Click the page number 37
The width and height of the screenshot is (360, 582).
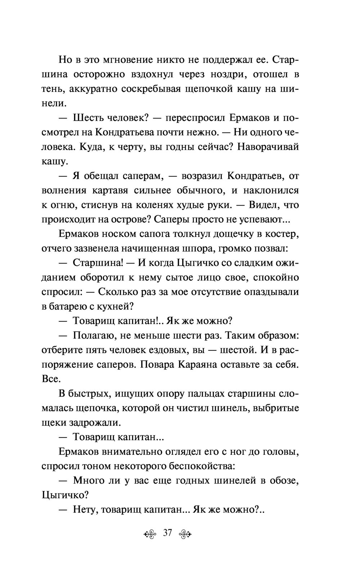pyautogui.click(x=168, y=533)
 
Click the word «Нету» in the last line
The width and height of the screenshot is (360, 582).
pyautogui.click(x=86, y=510)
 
